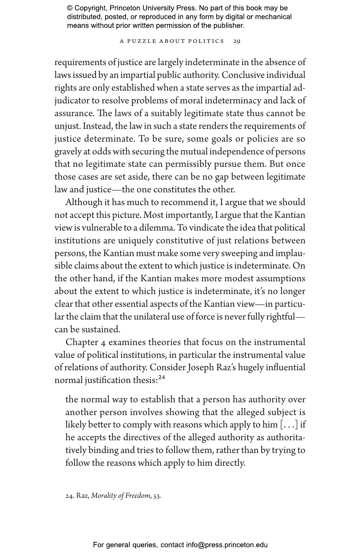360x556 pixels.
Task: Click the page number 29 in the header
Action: [237, 41]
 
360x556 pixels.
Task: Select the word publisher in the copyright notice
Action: [228, 26]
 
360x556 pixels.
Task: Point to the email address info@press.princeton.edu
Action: [227, 545]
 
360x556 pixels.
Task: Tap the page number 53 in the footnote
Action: [157, 496]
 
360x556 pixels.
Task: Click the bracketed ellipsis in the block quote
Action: [289, 425]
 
